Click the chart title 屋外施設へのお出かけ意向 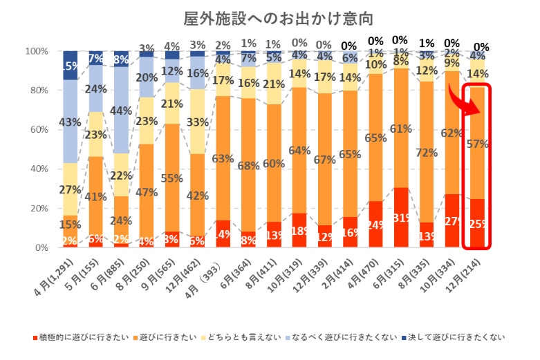tap(270, 17)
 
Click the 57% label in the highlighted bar tap(478, 144)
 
